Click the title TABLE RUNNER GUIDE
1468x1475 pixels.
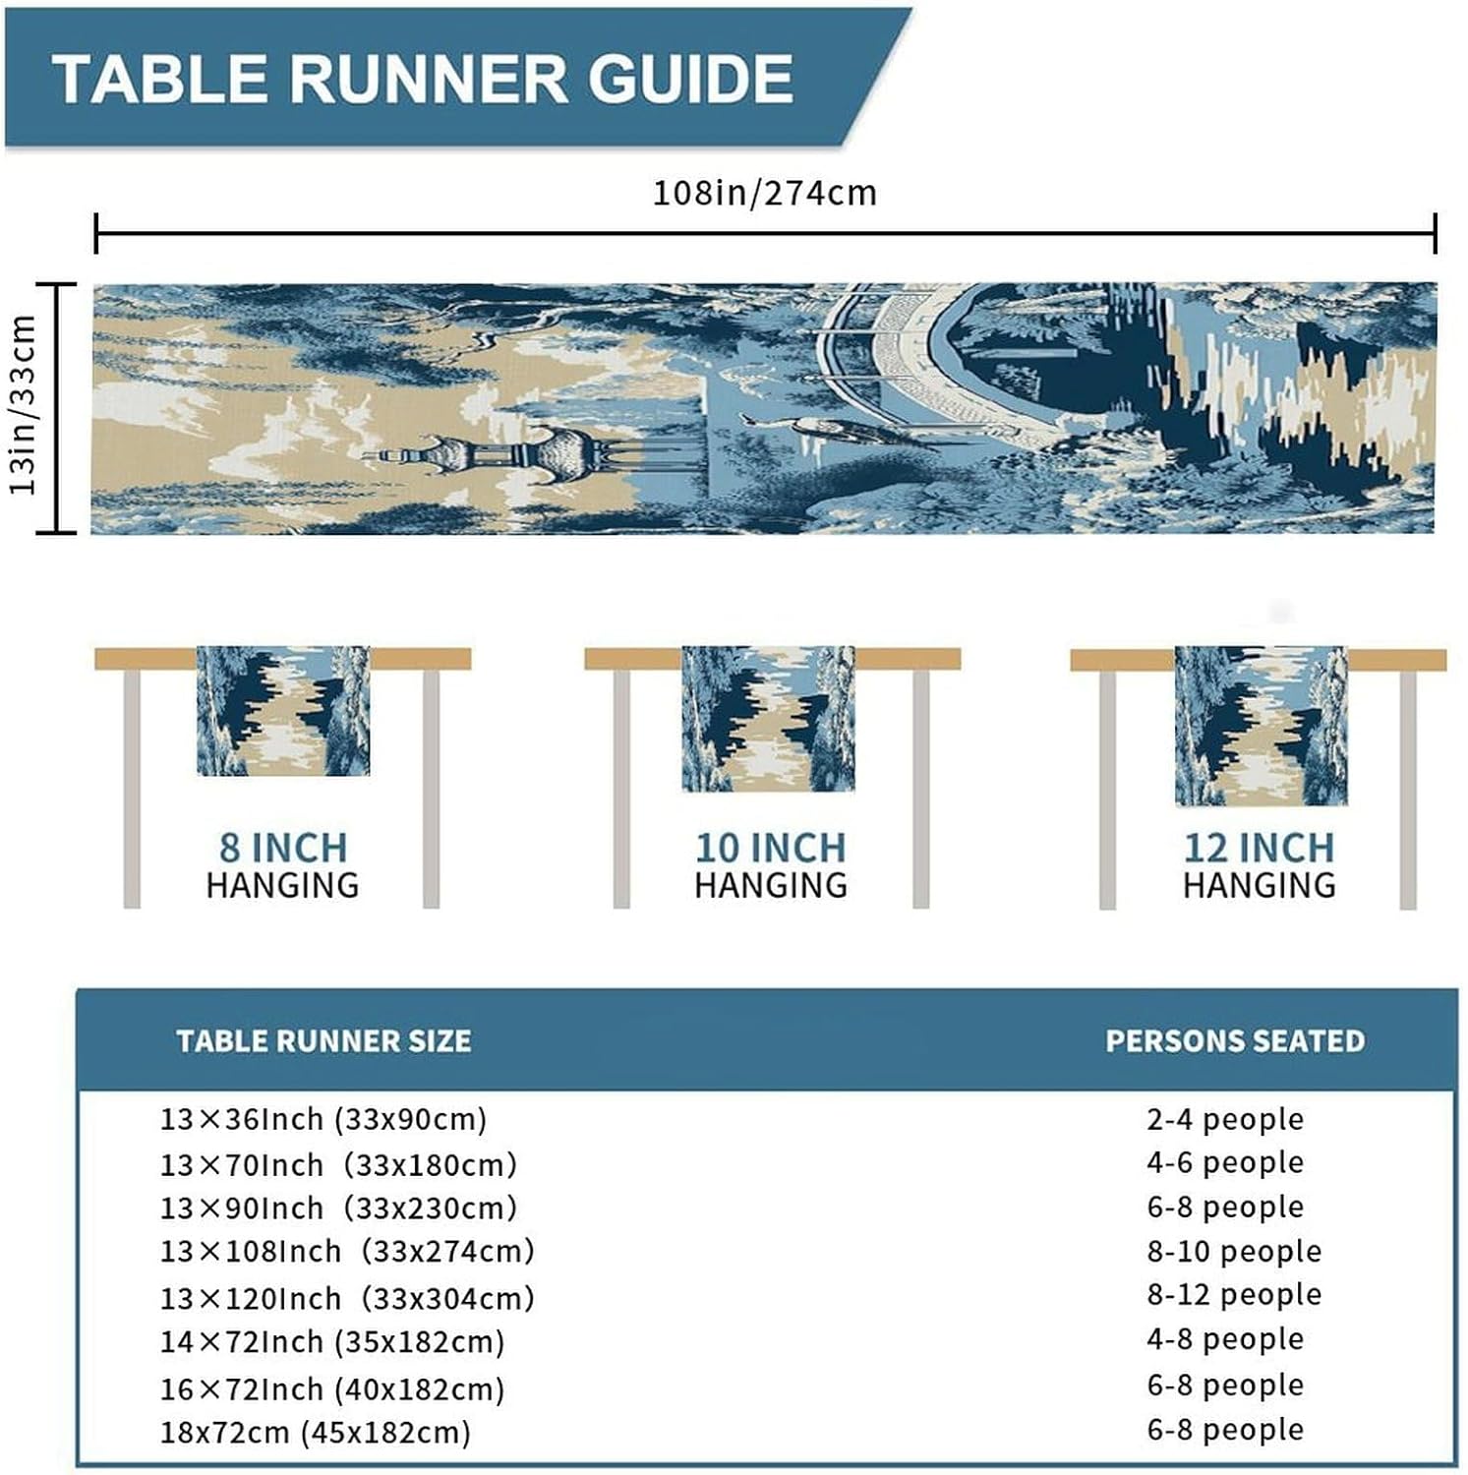[423, 79]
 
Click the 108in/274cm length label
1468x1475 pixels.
[764, 193]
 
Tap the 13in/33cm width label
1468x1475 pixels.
[24, 405]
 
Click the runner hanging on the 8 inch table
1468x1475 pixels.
[283, 710]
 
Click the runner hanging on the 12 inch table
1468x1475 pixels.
[1261, 726]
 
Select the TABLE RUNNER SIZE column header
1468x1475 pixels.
[323, 1040]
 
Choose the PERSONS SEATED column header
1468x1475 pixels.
[1235, 1040]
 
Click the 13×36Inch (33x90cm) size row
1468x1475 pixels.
[323, 1119]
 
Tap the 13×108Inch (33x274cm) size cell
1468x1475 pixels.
[347, 1251]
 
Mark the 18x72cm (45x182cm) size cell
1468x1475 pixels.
[315, 1432]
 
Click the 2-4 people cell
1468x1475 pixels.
[1225, 1119]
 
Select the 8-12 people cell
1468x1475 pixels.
[1234, 1294]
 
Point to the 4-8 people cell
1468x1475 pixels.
[1225, 1338]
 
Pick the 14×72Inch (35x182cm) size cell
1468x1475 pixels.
[332, 1341]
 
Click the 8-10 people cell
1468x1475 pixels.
[1234, 1251]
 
